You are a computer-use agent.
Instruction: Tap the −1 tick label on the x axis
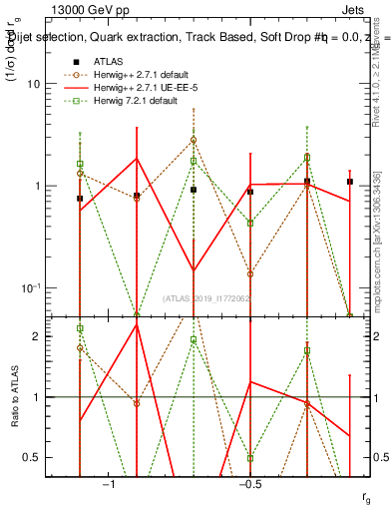(x=110, y=484)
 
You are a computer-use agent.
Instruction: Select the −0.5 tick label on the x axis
(x=249, y=484)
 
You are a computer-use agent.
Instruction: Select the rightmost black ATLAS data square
(x=350, y=182)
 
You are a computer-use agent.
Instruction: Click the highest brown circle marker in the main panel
(x=194, y=141)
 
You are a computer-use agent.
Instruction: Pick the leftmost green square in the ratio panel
(x=80, y=327)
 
